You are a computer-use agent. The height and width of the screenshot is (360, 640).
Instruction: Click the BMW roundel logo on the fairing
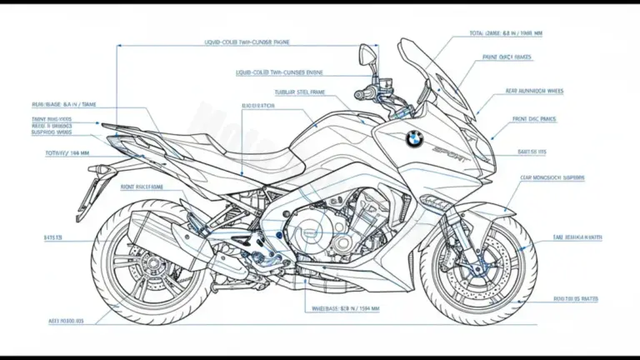pyautogui.click(x=414, y=138)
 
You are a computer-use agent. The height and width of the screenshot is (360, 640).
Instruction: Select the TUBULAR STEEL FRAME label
pyautogui.click(x=300, y=92)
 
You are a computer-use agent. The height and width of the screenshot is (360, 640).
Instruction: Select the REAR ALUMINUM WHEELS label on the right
pyautogui.click(x=533, y=91)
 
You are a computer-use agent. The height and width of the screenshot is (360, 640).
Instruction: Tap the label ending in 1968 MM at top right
pyautogui.click(x=506, y=34)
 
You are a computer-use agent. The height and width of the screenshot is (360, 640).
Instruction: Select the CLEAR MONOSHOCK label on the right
pyautogui.click(x=552, y=177)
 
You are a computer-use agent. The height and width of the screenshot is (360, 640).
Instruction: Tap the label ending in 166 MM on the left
pyautogui.click(x=67, y=153)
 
